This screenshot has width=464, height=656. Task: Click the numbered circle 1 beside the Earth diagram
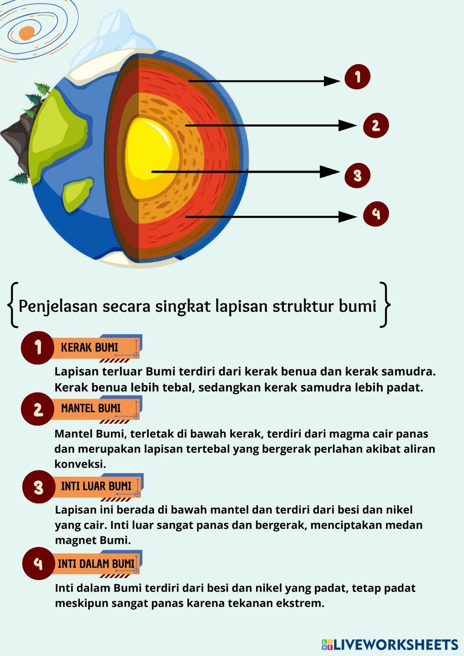pos(357,77)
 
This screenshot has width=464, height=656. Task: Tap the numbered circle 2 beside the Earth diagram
pos(375,125)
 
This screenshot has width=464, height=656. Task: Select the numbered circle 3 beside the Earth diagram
pos(357,175)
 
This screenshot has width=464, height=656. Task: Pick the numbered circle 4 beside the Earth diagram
pos(375,214)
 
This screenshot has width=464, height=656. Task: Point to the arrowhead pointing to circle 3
pos(330,172)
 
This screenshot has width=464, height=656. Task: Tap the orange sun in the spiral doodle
pos(26,33)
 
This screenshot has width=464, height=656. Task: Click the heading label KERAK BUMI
pos(90,347)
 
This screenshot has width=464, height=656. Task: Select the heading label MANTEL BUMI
pos(90,409)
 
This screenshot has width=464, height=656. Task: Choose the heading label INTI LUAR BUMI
pos(96,486)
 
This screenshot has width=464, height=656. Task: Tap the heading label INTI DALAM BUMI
pos(96,564)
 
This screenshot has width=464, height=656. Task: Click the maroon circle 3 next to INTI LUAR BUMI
pos(38,487)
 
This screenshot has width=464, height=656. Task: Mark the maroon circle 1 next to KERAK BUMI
pos(37,347)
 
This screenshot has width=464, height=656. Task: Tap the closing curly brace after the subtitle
pos(384,305)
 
